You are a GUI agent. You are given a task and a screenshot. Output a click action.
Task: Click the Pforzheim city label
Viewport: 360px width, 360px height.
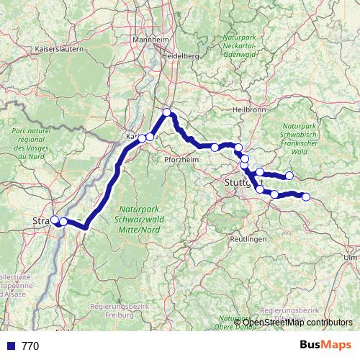tap(181, 160)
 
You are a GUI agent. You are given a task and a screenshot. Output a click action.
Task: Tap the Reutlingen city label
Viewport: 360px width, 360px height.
tap(247, 238)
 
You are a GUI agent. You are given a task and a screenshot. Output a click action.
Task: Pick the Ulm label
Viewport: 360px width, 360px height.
tap(351, 256)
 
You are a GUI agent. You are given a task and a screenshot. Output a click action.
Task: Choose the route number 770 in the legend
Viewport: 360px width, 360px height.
tap(30, 346)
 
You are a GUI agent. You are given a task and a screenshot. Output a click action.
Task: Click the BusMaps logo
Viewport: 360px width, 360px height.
tap(325, 345)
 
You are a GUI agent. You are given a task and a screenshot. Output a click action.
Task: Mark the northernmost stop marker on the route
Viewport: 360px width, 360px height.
tap(167, 112)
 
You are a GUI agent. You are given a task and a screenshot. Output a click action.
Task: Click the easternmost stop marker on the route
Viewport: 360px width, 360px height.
tap(306, 197)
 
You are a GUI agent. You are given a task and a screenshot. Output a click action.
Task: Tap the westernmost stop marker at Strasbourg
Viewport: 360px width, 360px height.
tap(54, 220)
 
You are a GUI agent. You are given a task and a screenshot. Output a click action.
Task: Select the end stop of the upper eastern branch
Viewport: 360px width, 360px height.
tap(289, 175)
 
